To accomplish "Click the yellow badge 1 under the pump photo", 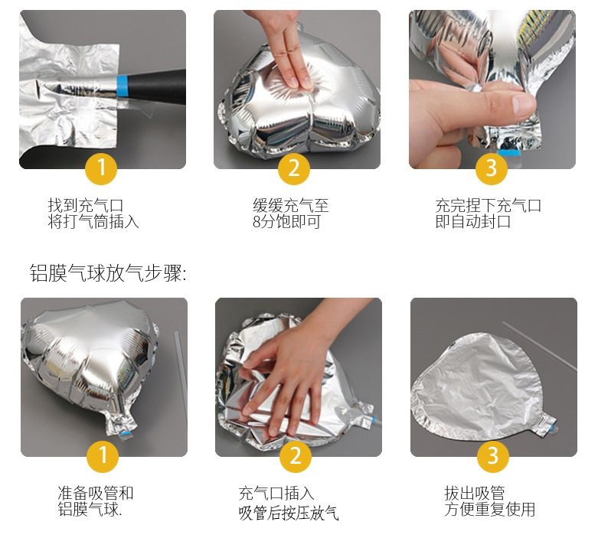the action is click(x=101, y=168).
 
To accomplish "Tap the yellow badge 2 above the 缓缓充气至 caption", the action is click(x=294, y=168).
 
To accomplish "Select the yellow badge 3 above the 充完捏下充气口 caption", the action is click(x=492, y=168).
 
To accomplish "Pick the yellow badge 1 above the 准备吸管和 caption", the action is click(x=103, y=455).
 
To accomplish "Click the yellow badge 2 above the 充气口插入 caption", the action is click(x=296, y=455).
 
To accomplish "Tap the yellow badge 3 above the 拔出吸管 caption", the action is click(x=493, y=455).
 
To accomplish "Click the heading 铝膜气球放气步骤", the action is click(x=108, y=273).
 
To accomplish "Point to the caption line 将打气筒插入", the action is click(x=93, y=221).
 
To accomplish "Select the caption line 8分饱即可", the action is click(x=286, y=221).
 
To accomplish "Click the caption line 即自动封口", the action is click(x=473, y=221).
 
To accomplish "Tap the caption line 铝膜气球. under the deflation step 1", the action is click(x=90, y=510).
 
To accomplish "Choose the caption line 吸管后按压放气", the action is click(x=289, y=513).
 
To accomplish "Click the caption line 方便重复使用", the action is click(x=490, y=510).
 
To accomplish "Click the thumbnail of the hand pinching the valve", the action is click(x=492, y=90).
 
